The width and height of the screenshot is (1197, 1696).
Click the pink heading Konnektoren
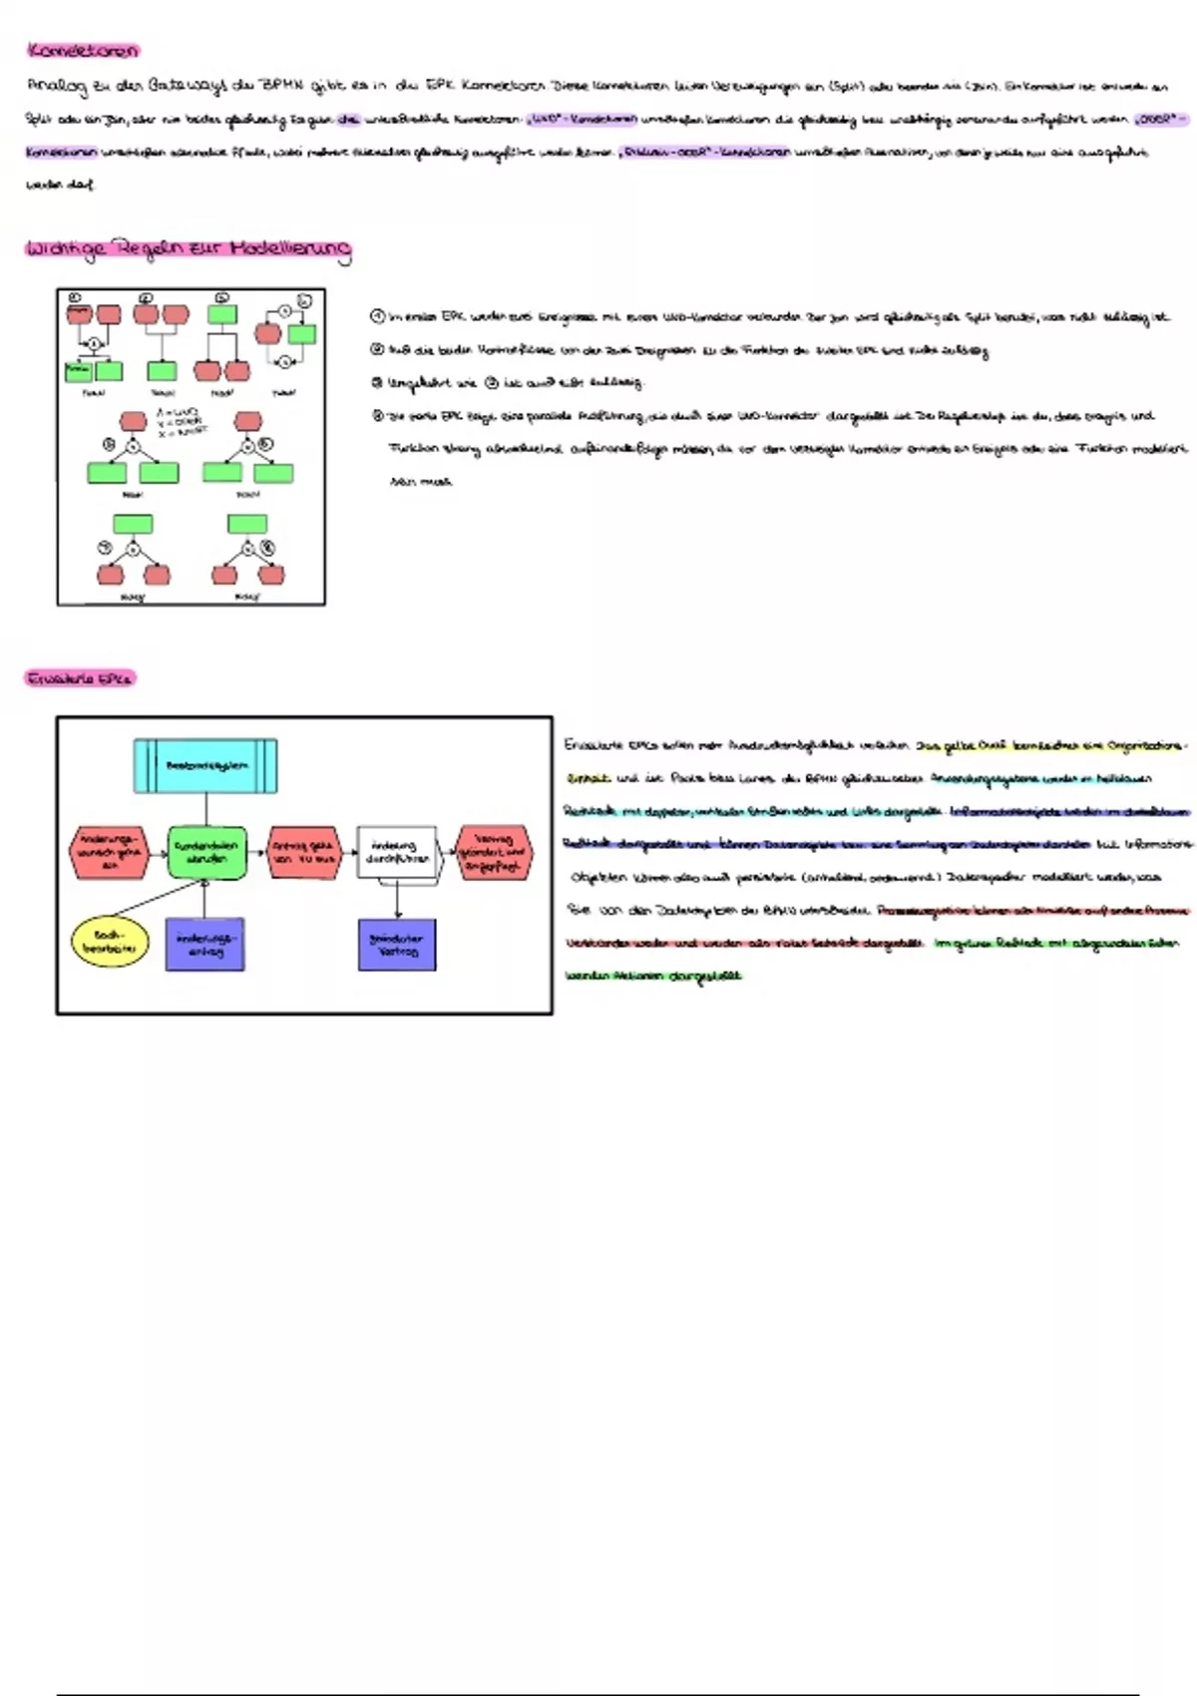tap(82, 50)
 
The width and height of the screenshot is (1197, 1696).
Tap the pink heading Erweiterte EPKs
tap(79, 679)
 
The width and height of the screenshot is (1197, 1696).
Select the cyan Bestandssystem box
tap(205, 766)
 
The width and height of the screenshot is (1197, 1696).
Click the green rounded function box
tap(206, 852)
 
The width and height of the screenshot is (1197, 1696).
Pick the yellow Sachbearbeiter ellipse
tap(109, 941)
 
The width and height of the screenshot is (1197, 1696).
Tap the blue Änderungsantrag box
tap(204, 944)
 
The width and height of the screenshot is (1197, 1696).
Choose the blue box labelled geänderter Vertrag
tap(397, 944)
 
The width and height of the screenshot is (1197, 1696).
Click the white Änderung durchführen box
tap(397, 852)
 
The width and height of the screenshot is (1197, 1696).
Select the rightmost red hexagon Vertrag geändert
tap(494, 853)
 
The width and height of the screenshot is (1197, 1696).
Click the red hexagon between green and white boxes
tap(303, 852)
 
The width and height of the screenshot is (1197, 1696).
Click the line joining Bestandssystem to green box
tap(206, 809)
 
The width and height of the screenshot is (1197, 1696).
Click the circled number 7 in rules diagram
tap(104, 548)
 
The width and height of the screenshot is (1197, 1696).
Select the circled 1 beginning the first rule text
tap(377, 317)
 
